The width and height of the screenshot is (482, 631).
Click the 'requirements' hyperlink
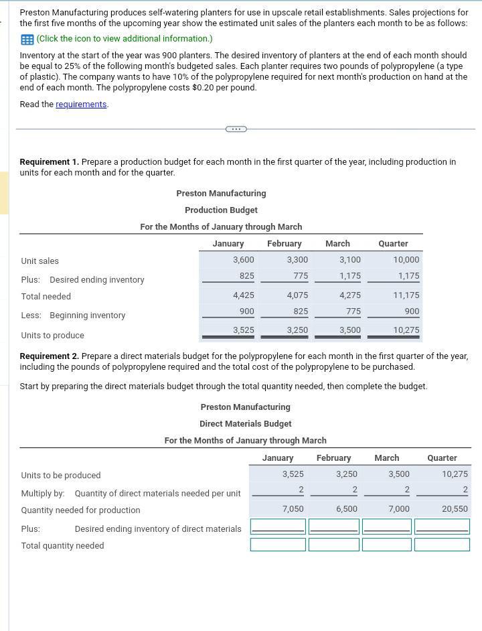coord(81,104)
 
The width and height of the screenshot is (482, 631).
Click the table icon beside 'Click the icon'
coord(26,39)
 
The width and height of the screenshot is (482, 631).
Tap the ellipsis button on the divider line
coord(236,129)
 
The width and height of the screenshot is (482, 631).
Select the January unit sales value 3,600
coord(243,260)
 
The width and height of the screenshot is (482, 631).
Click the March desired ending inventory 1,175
coord(349,276)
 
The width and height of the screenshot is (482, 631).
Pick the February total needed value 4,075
coord(297,295)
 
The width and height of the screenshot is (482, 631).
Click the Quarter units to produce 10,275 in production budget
coord(406,330)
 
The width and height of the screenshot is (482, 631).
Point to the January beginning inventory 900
coord(246,311)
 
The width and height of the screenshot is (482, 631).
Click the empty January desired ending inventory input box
coord(278,527)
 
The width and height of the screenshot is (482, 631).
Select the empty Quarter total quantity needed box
coord(442,545)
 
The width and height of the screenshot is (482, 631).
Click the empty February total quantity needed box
coord(334,545)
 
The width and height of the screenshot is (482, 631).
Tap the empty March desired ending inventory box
coord(387,527)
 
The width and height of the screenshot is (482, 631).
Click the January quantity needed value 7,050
coord(293,509)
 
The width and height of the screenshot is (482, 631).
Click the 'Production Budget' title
coord(221,210)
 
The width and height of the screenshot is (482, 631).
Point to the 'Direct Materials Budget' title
coord(245,424)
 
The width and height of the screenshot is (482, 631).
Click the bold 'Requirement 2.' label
coord(49,356)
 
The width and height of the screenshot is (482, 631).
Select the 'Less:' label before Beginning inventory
coord(31,315)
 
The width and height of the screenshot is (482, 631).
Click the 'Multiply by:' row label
coord(43,494)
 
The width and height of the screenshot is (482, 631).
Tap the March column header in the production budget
coord(337,244)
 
